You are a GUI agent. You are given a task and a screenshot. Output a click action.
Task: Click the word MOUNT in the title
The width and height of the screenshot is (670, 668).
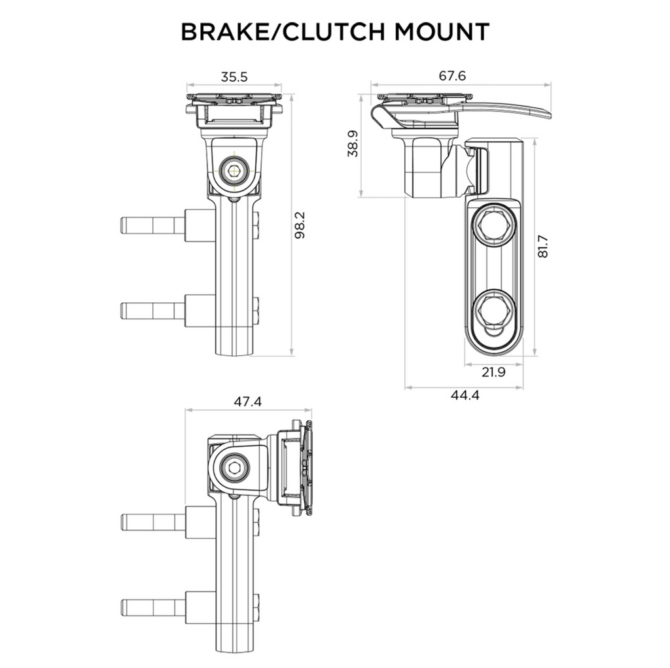point(442,31)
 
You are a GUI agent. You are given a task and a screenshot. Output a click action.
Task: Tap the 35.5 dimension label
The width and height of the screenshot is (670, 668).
point(234,77)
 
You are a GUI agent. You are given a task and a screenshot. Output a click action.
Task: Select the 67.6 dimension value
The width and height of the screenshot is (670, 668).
point(453,76)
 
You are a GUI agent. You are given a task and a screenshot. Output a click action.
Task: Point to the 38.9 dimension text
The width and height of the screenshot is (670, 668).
point(353,143)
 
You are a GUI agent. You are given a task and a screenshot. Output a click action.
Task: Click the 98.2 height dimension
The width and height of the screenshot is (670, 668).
point(300,225)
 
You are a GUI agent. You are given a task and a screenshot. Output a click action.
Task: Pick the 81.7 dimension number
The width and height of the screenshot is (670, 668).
point(542,247)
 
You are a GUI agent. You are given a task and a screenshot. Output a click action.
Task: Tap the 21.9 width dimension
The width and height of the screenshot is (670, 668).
point(493,372)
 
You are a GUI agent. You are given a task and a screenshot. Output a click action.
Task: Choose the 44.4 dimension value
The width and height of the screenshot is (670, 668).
point(465,395)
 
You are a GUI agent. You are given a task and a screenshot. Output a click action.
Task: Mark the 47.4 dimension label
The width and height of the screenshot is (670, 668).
point(248,402)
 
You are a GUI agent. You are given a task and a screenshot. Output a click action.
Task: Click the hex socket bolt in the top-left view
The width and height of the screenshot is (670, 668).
point(234,171)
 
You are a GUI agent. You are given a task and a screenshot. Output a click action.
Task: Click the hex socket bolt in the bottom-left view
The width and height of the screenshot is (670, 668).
point(234,468)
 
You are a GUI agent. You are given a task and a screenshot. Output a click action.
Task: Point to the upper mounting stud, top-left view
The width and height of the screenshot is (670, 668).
point(152,225)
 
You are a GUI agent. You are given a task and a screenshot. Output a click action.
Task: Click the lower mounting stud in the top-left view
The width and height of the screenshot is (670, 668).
point(152,311)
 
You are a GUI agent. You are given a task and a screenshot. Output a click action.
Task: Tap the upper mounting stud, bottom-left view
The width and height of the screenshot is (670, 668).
point(153,522)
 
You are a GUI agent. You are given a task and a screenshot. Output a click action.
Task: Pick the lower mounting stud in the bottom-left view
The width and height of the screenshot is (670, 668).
point(153,608)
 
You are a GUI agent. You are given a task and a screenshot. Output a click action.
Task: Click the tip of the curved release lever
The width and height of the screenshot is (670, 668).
point(550,115)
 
